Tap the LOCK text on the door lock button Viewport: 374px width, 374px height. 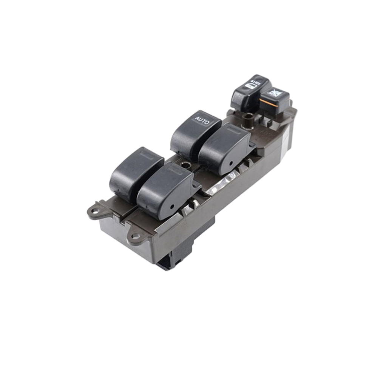point(257,82)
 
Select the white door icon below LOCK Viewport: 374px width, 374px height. point(250,87)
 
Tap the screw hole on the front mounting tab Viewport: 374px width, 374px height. point(135,236)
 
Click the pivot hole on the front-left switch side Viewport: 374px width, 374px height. point(171,207)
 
